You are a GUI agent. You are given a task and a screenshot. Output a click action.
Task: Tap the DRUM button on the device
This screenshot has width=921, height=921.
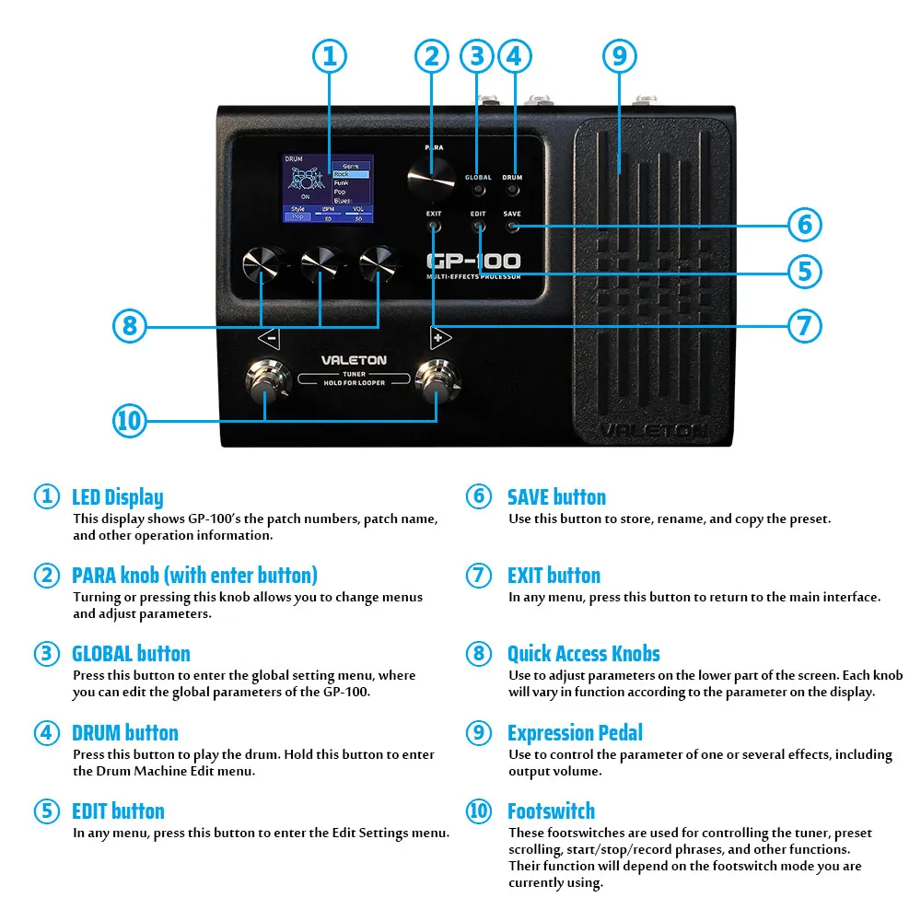click(512, 191)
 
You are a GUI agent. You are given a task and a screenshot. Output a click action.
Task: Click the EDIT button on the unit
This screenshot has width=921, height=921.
click(478, 227)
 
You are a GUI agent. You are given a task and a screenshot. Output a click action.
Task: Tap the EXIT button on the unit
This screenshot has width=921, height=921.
click(434, 227)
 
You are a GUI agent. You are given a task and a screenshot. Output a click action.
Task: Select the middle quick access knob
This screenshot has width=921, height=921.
click(320, 264)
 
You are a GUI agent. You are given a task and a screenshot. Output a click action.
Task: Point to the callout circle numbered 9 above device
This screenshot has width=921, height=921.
click(619, 55)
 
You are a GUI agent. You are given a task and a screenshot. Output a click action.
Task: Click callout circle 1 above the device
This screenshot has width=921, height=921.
click(329, 55)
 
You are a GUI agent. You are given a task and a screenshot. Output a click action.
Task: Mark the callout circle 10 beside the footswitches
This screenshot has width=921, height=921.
click(130, 421)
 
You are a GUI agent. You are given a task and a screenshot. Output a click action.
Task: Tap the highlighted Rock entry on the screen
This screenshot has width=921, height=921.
click(350, 174)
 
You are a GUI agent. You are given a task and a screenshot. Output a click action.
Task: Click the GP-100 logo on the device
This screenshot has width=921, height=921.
click(473, 261)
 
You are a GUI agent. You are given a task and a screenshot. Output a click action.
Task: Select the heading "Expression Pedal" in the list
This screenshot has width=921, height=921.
click(575, 733)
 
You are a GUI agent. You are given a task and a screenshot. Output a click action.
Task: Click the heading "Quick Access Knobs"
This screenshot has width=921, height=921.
click(583, 654)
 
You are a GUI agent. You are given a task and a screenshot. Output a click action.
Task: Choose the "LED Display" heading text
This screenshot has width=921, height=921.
click(117, 497)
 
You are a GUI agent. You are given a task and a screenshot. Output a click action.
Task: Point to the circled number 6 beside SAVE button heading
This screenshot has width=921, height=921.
click(478, 496)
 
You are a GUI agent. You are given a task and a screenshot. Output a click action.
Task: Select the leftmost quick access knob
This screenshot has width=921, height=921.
click(261, 264)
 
